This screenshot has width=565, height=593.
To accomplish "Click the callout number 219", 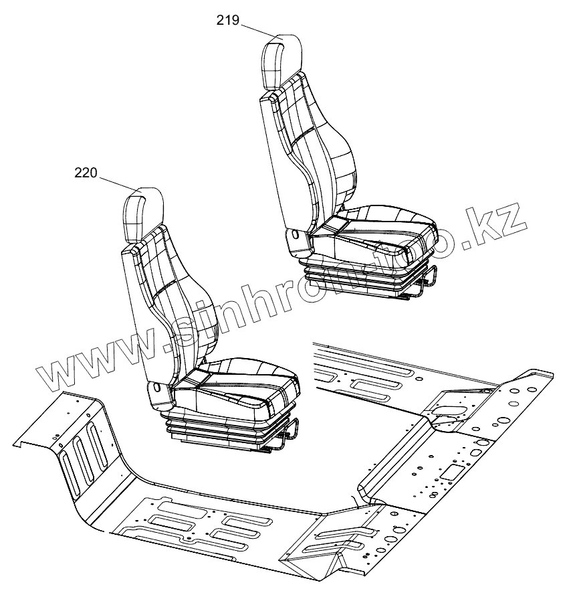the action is (228, 20).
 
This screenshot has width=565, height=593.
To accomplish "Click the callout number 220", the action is (86, 173).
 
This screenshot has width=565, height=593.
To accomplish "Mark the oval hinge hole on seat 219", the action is (294, 235).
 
